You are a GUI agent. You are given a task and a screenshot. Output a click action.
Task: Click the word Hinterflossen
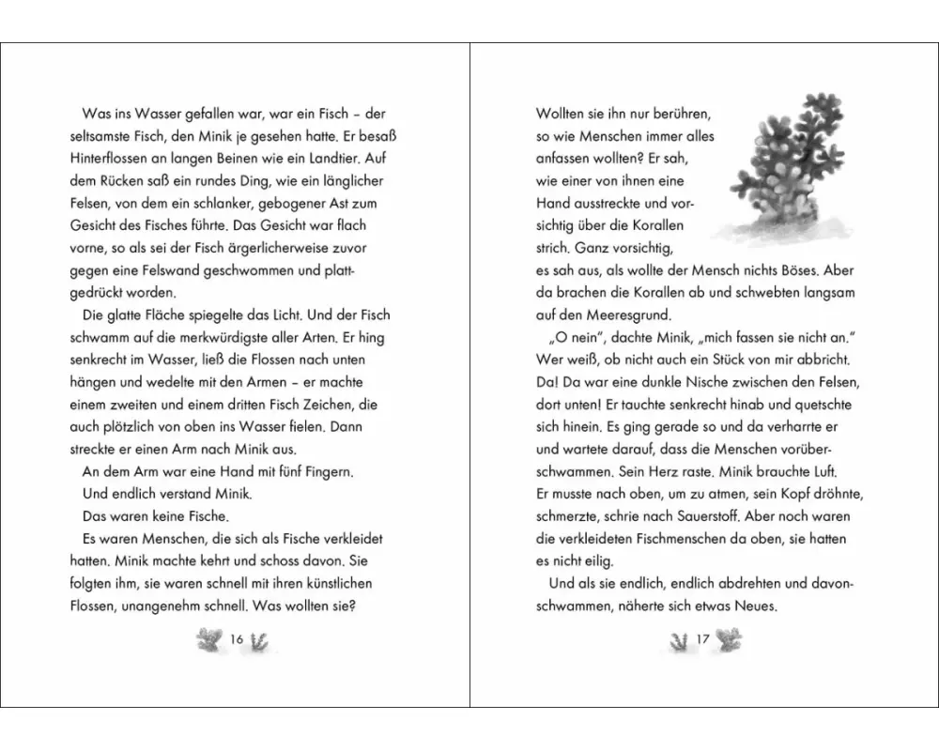pyautogui.click(x=111, y=158)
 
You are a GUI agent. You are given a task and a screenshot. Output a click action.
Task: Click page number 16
pyautogui.click(x=237, y=639)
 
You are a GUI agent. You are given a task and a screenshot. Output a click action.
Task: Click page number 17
pyautogui.click(x=702, y=639)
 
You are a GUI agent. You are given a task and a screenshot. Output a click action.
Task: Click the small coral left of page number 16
pyautogui.click(x=207, y=639)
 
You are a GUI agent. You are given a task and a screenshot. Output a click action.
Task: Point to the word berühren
pyautogui.click(x=682, y=114)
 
